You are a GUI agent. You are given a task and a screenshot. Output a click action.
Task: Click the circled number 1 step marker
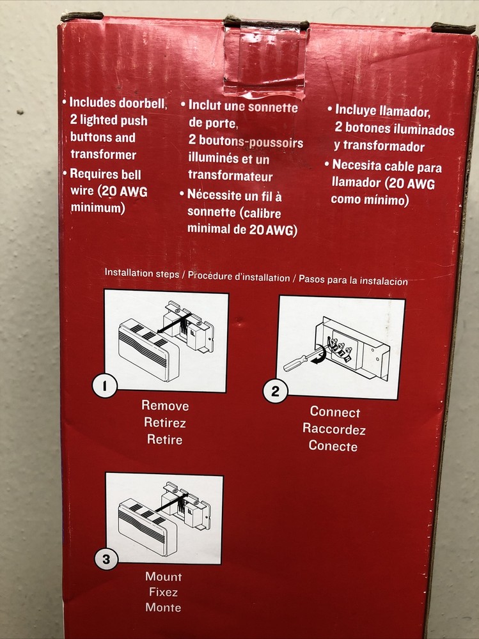pyautogui.click(x=105, y=386)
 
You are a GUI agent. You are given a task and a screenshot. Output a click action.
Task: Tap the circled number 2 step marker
pyautogui.click(x=276, y=391)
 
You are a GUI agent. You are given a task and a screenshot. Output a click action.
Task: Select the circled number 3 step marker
pyautogui.click(x=106, y=559)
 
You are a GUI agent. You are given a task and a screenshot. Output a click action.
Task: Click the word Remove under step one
pyautogui.click(x=165, y=406)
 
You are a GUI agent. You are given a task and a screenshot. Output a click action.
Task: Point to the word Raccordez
pyautogui.click(x=334, y=429)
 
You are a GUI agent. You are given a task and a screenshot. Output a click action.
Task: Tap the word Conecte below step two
pyautogui.click(x=333, y=446)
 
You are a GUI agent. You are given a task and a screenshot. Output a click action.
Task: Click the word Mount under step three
pyautogui.click(x=164, y=576)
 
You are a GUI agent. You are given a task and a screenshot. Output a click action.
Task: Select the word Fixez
pyautogui.click(x=163, y=592)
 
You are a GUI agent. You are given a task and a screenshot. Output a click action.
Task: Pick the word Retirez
pyautogui.click(x=165, y=422)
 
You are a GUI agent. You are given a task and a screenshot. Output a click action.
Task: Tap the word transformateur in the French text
pyautogui.click(x=230, y=176)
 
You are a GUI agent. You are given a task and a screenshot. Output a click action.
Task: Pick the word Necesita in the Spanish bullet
pyautogui.click(x=357, y=165)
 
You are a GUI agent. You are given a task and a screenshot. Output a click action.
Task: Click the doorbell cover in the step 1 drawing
pyautogui.click(x=148, y=350)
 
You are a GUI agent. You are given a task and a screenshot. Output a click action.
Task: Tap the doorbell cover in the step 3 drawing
pyautogui.click(x=148, y=527)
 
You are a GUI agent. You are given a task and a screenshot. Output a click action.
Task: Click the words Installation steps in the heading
pyautogui.click(x=141, y=273)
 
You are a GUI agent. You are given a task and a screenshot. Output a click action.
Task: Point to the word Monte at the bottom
pyautogui.click(x=163, y=607)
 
